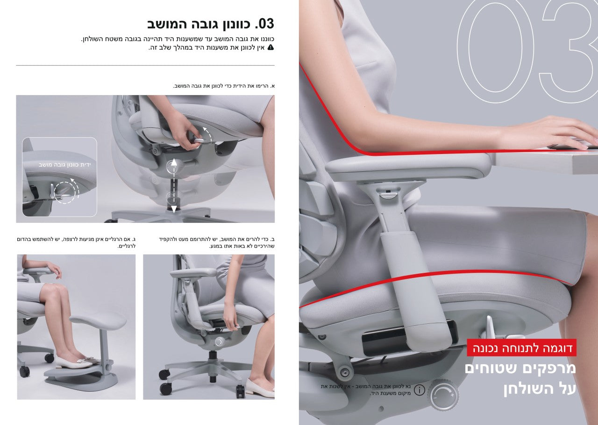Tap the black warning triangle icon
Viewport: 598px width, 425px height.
click(x=271, y=48)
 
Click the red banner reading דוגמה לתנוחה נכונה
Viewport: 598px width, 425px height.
click(x=522, y=348)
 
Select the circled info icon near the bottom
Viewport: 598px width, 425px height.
click(x=420, y=390)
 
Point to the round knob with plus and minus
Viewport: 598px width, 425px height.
click(x=444, y=396)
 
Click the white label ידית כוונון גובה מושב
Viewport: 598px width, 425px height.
click(x=64, y=165)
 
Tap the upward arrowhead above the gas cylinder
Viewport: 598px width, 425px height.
click(x=174, y=162)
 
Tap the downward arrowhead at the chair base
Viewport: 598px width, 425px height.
click(x=174, y=209)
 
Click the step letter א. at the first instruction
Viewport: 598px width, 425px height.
click(x=272, y=86)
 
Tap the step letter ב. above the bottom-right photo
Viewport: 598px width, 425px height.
click(x=272, y=239)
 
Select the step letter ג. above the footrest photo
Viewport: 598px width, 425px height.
click(x=133, y=239)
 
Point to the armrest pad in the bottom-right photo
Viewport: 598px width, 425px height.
click(x=193, y=273)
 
